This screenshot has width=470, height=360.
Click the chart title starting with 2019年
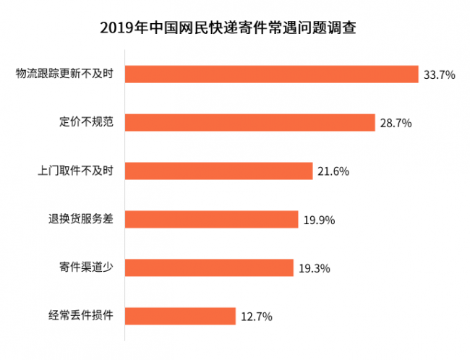(228, 28)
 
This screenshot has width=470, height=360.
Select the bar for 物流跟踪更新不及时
(272, 74)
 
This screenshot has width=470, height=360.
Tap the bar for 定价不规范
(250, 123)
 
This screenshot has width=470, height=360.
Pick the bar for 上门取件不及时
(219, 171)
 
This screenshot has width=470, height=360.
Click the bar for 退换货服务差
(212, 220)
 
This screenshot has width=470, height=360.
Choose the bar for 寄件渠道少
(209, 267)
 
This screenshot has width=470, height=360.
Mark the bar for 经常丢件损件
(181, 316)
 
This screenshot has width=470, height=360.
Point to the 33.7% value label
(440, 74)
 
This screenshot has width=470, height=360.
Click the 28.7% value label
(396, 123)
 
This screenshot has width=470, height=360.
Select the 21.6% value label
(333, 171)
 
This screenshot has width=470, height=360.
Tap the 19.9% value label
(319, 220)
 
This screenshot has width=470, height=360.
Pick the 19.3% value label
(315, 268)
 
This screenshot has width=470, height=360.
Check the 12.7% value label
(257, 317)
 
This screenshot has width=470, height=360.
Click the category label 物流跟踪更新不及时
(65, 74)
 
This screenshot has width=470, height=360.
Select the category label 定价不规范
(86, 121)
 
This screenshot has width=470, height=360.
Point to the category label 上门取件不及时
(75, 171)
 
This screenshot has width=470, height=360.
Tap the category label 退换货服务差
(81, 219)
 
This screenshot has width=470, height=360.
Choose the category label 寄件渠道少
(86, 267)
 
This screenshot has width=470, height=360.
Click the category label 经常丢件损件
(81, 315)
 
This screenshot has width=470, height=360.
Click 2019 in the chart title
(117, 28)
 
